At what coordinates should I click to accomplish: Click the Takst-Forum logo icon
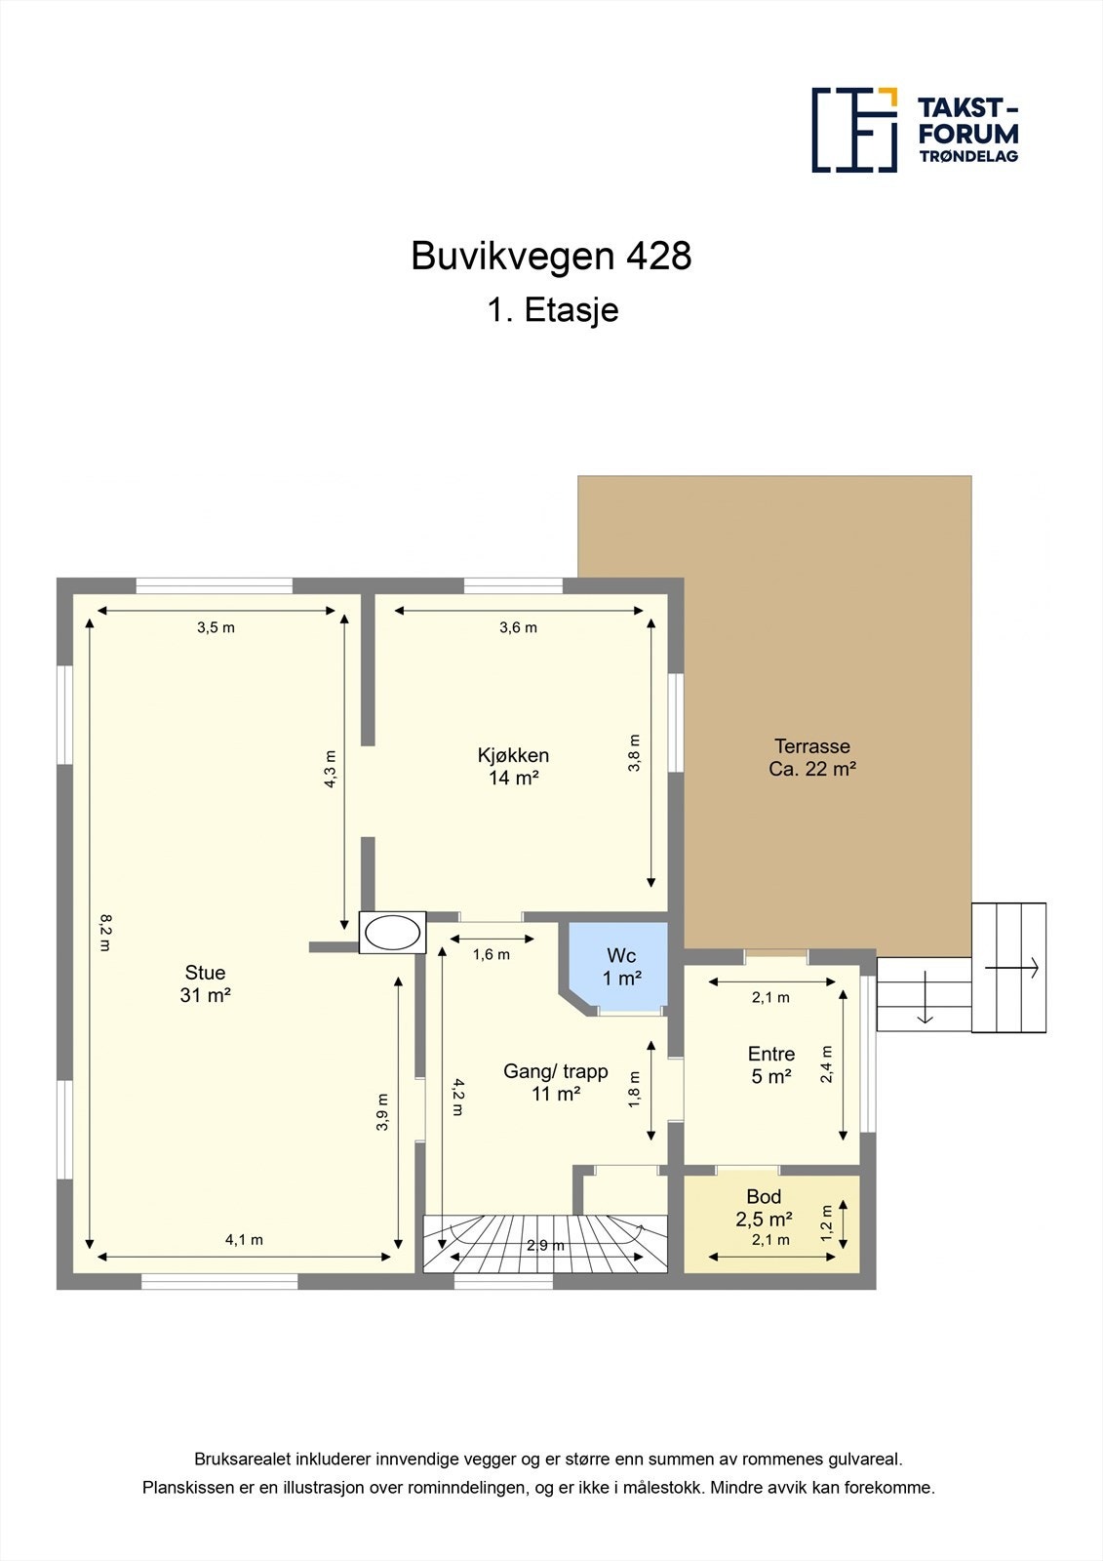(x=854, y=130)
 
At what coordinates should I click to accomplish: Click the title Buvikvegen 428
(x=551, y=257)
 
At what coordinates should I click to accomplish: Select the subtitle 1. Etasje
(x=552, y=310)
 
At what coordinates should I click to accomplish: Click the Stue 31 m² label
(x=205, y=983)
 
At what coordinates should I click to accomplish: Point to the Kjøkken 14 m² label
(x=513, y=766)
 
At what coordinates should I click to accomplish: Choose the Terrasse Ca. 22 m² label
(x=811, y=757)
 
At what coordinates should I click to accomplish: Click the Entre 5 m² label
(x=770, y=1064)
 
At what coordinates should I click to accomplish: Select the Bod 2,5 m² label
(x=764, y=1208)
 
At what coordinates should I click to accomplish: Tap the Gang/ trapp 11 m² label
(x=555, y=1082)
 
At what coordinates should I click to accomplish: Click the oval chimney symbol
(x=392, y=933)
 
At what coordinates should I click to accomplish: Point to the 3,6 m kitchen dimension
(x=518, y=627)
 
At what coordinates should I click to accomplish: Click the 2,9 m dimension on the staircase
(x=544, y=1246)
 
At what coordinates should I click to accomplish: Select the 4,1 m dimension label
(x=244, y=1240)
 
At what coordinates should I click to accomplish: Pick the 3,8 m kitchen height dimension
(x=634, y=753)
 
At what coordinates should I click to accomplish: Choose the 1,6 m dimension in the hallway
(x=491, y=954)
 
